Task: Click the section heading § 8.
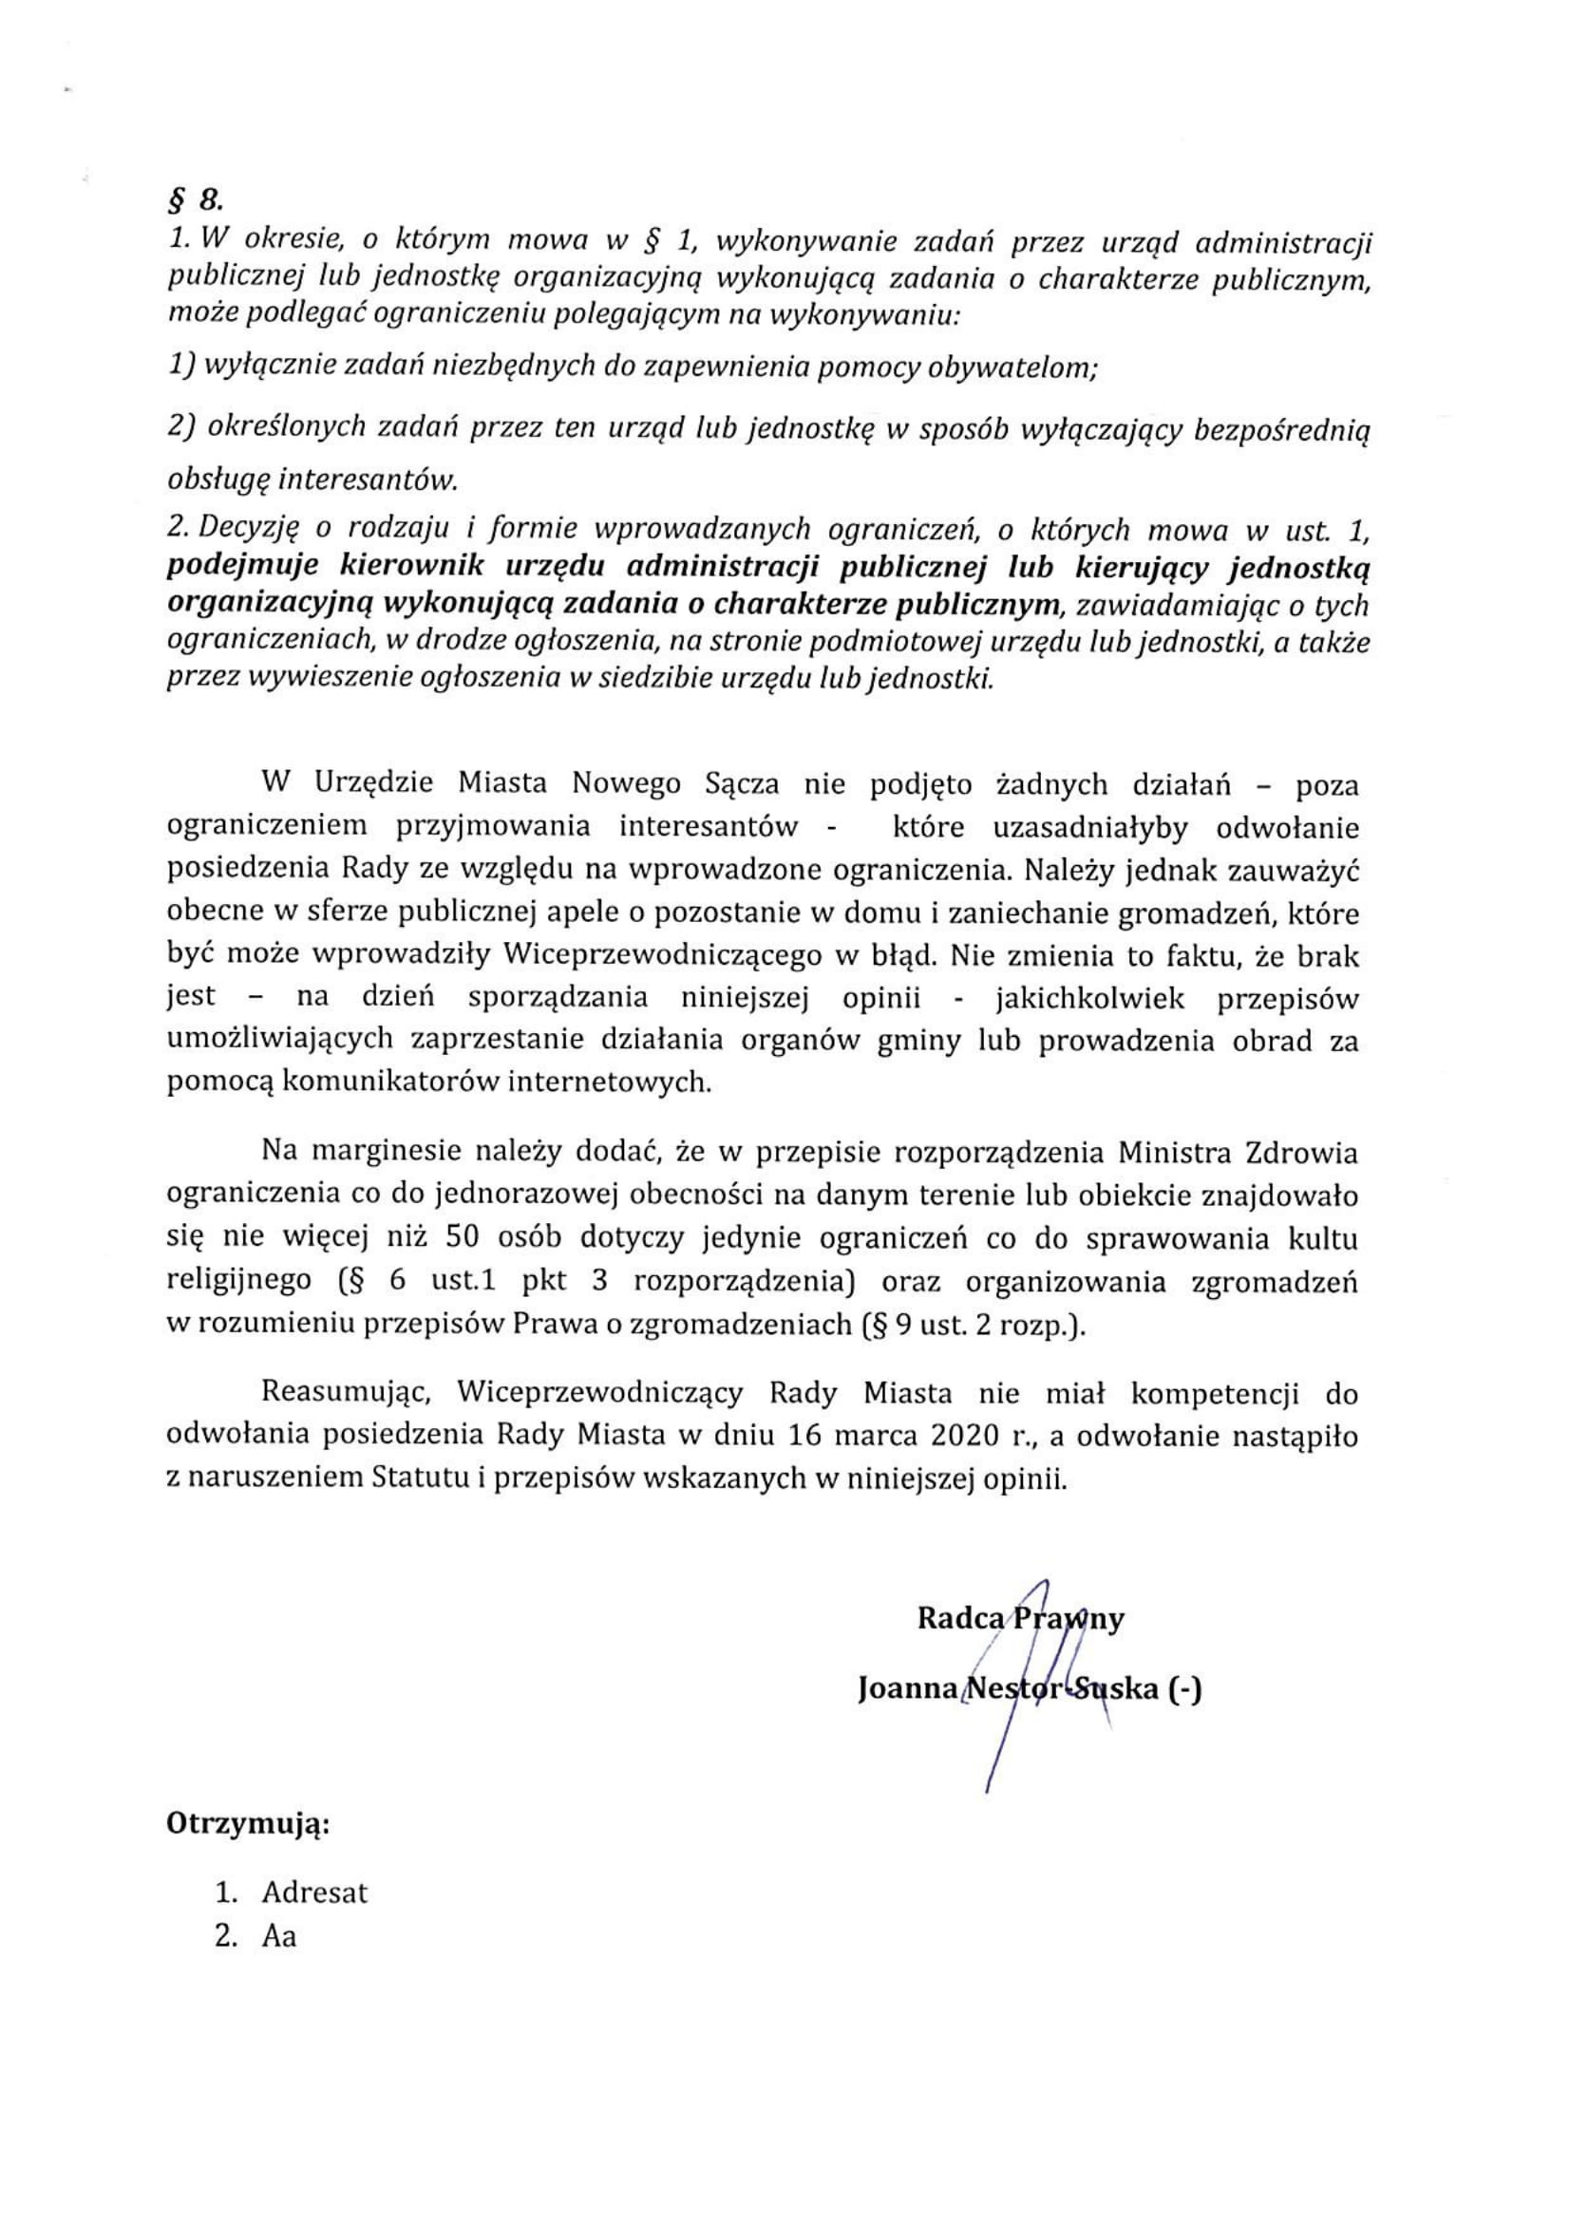click(195, 200)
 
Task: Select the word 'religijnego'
click(239, 1282)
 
